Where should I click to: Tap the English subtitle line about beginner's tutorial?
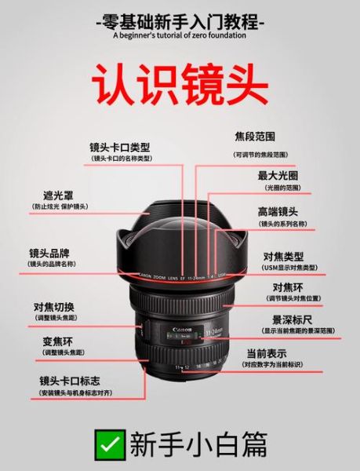tap(180, 35)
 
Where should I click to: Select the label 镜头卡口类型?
tap(120, 147)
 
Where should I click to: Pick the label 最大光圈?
tap(278, 175)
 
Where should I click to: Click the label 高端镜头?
tap(278, 212)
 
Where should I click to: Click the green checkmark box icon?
tap(108, 444)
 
